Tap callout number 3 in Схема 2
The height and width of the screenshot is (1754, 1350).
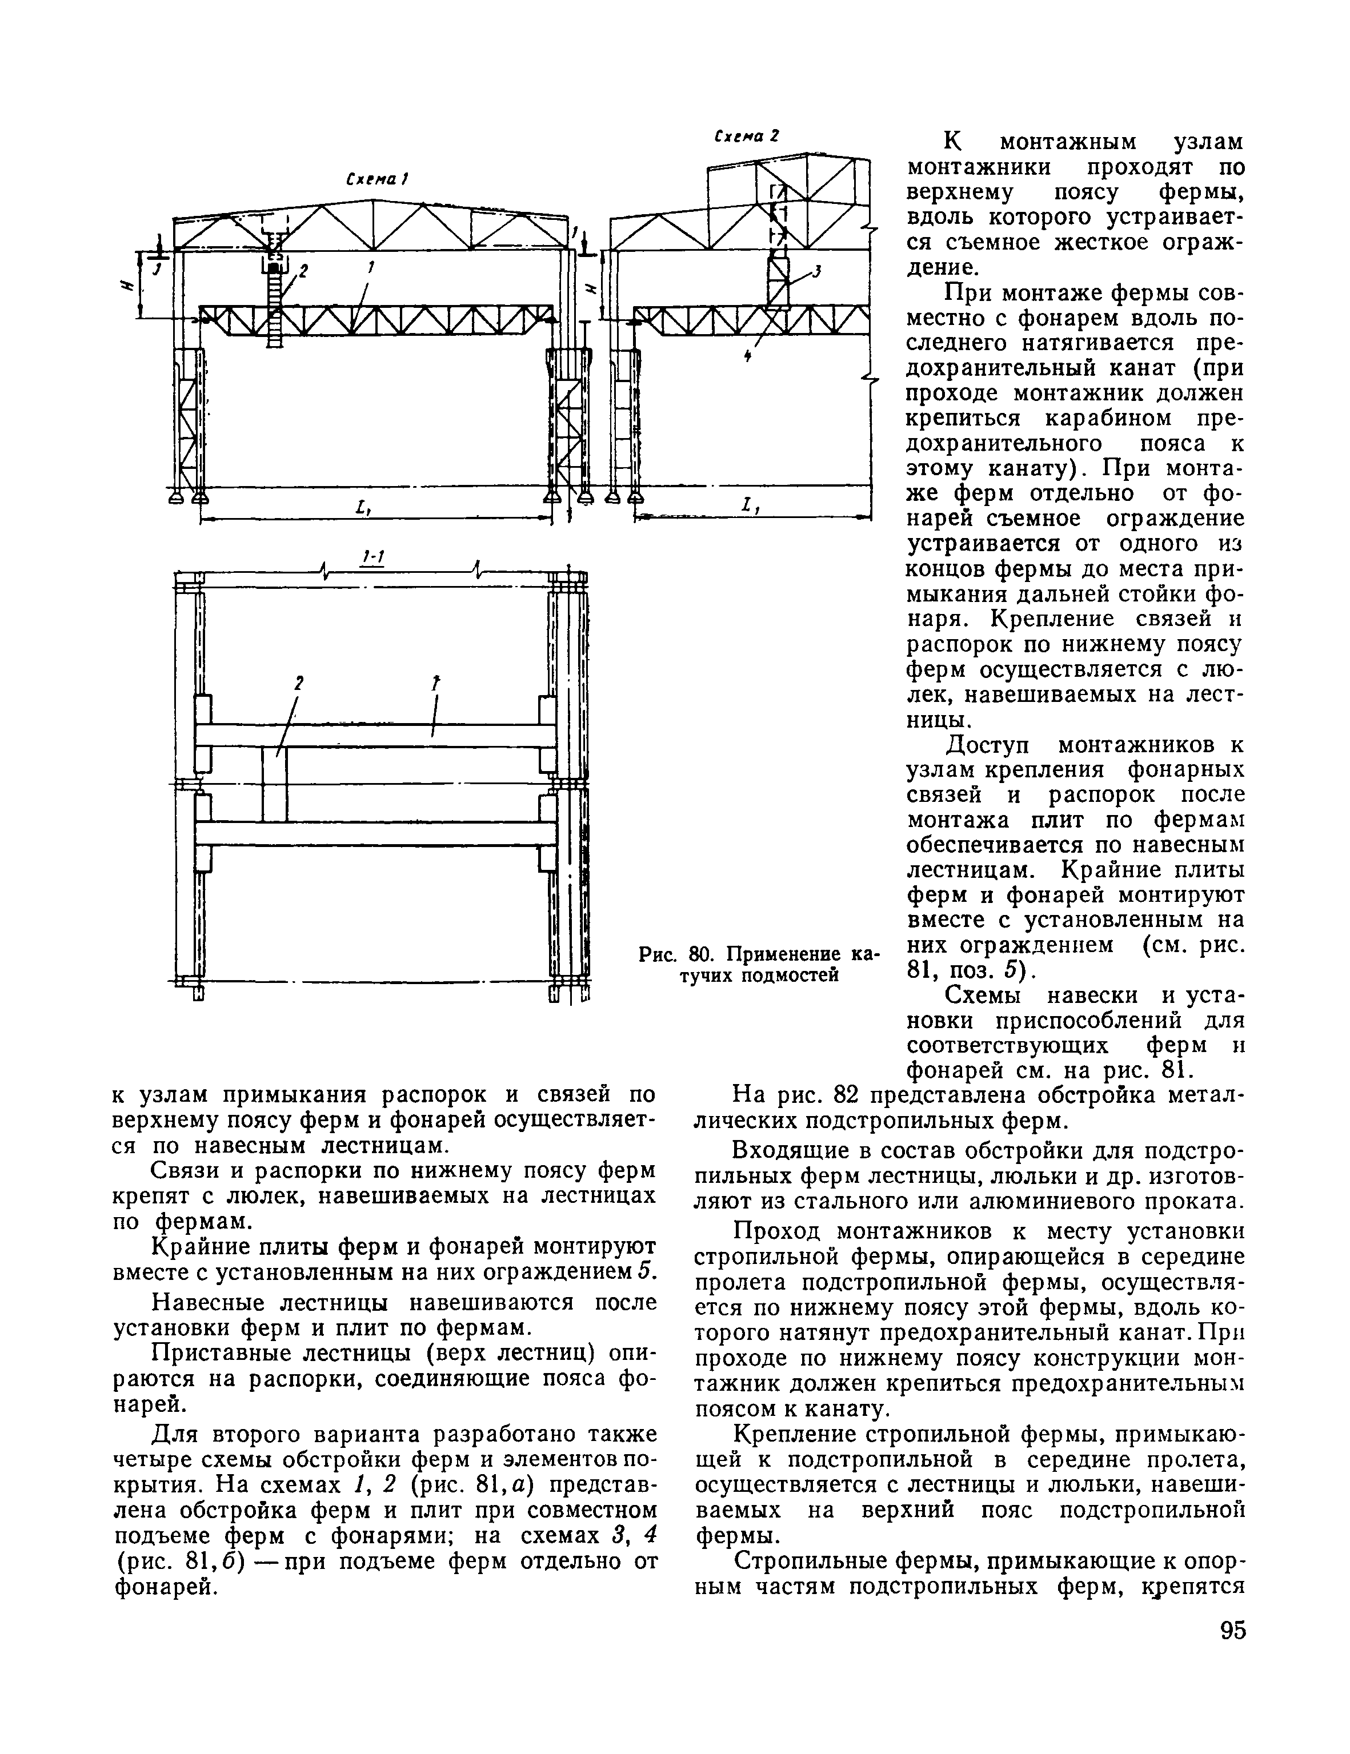817,272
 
